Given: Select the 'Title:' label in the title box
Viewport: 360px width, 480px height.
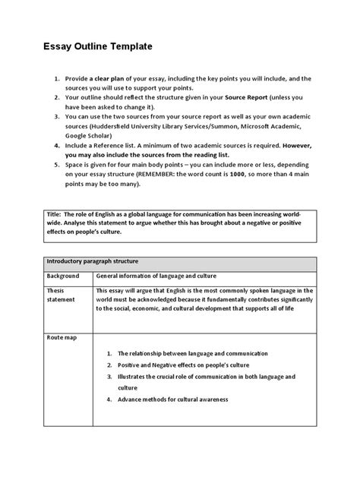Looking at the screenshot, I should [x=55, y=215].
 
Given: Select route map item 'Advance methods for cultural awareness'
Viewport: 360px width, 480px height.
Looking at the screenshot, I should [x=177, y=399].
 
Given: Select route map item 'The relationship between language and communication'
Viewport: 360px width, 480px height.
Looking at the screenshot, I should [x=191, y=354].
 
